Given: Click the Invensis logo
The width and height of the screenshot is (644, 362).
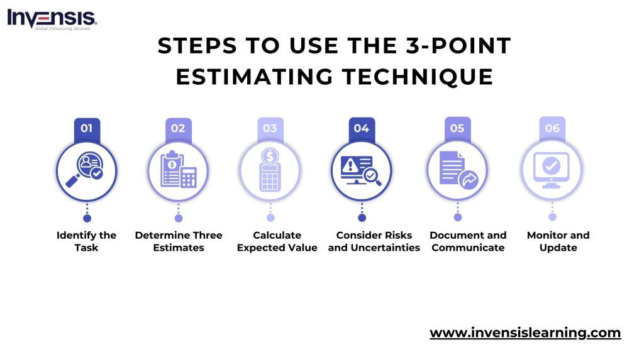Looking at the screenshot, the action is [52, 19].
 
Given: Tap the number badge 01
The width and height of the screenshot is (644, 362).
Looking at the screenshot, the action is [87, 129].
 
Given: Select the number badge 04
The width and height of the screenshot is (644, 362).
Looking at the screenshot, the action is [362, 129].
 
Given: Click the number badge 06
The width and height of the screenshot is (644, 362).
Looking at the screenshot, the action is [552, 128].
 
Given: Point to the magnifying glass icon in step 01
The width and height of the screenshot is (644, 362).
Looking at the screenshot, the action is [84, 170].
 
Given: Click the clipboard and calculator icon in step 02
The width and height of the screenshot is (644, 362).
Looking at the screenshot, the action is [178, 170].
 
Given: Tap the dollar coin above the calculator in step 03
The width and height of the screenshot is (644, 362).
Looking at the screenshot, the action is [270, 156].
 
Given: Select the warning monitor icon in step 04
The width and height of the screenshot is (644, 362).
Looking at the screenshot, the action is [361, 170].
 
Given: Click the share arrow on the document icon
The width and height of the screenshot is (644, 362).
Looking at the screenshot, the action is [469, 180].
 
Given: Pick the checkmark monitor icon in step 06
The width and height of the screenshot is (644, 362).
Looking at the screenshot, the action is [552, 170].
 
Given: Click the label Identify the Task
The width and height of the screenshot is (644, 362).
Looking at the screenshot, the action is [86, 241].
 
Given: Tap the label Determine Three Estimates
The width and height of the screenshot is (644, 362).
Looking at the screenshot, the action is [179, 241].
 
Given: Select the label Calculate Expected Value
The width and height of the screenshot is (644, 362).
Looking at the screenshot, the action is [277, 241].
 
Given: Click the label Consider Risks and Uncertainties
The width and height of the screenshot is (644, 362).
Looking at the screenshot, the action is [374, 241].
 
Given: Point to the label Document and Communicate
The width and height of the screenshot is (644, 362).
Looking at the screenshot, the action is [468, 241].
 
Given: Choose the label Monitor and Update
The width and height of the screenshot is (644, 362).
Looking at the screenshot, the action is [558, 241].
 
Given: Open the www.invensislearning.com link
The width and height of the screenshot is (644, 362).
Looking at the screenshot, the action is [525, 333].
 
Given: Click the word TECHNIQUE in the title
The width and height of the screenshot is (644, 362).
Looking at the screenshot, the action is [418, 77].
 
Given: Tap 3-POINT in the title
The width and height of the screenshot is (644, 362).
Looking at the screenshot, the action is [458, 45].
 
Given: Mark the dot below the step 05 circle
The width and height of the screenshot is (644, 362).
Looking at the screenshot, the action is [458, 217].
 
